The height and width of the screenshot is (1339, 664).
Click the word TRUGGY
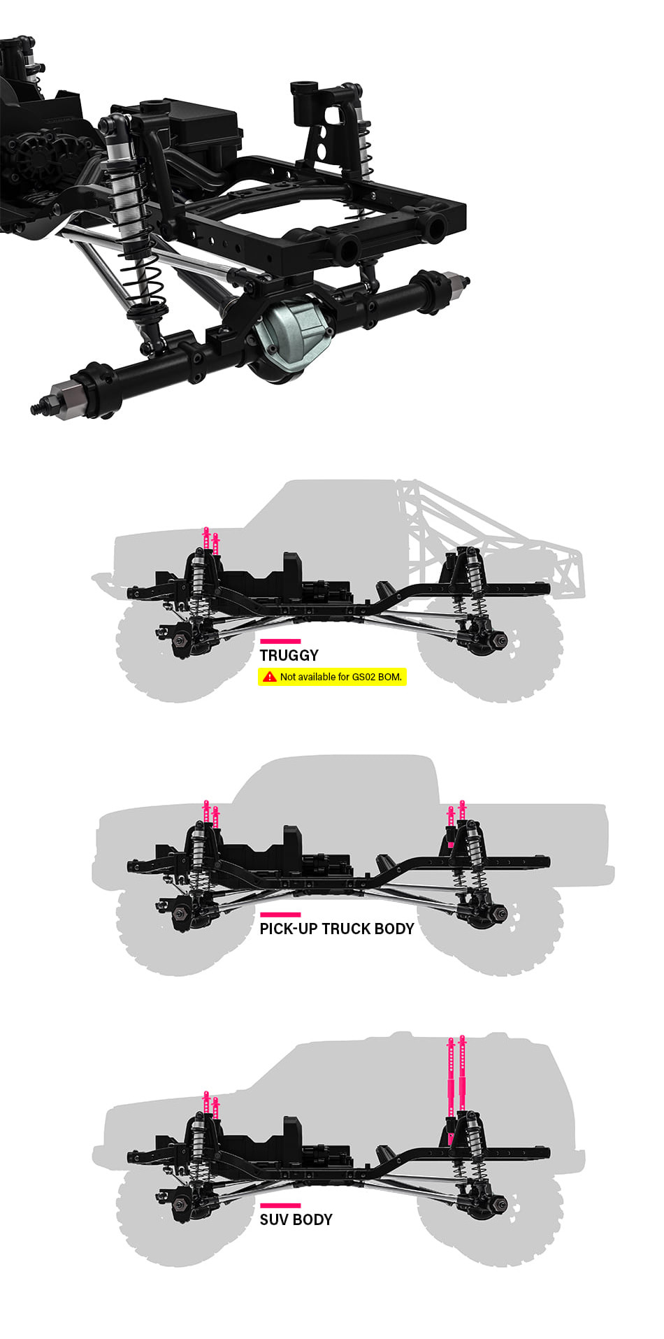tap(289, 655)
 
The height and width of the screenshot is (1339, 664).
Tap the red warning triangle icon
tap(269, 677)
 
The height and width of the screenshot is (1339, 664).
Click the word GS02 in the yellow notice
tap(364, 677)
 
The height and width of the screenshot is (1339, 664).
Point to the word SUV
tap(274, 1219)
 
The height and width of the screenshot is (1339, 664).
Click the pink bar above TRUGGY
tap(280, 640)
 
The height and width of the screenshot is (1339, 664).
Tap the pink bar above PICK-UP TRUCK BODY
tap(280, 914)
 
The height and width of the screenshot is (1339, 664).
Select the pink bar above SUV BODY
tap(280, 1205)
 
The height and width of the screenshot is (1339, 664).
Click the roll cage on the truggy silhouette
tap(489, 538)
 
